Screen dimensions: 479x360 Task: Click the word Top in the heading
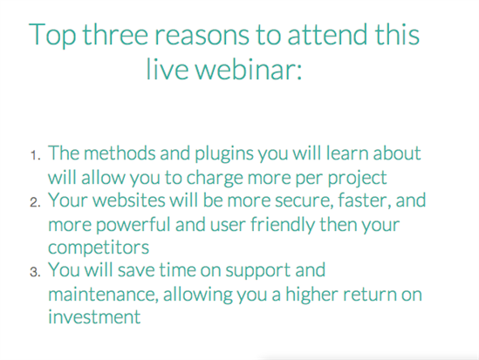52,36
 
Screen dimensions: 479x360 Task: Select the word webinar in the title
249,69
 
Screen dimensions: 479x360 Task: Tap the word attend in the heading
327,34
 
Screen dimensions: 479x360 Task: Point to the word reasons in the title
202,36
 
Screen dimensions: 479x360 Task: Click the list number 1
35,155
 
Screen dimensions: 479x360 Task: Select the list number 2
35,202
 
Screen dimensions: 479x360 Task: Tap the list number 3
35,272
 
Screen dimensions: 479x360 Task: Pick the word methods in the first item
120,153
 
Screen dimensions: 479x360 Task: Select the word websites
129,200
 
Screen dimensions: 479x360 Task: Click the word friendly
283,225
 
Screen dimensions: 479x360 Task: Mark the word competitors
99,248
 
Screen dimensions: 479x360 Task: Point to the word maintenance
103,294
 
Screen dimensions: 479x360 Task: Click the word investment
94,316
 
